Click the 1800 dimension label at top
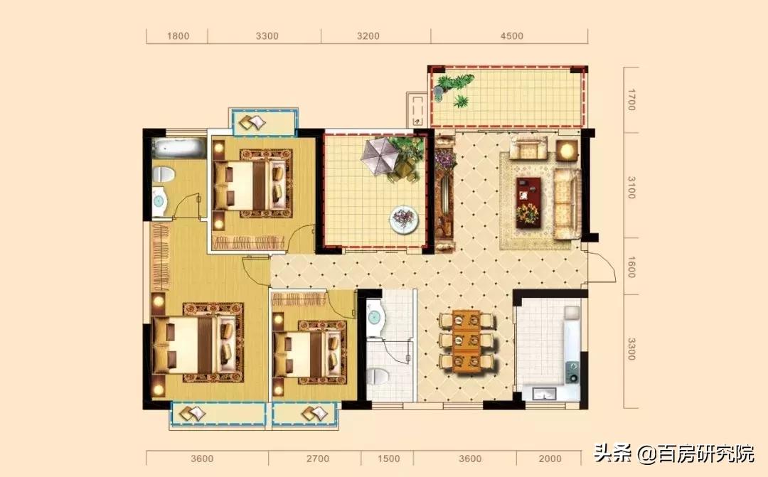pos(178,36)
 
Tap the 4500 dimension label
pos(512,36)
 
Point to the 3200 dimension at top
pos(368,36)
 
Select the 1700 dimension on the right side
pos(631,100)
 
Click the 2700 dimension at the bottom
pos(317,459)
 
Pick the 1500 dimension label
pos(388,459)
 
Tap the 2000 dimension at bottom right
pos(550,459)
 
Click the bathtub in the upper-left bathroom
pos(178,147)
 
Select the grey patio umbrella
pos(380,156)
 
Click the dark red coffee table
pos(528,203)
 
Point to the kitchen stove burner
pos(572,372)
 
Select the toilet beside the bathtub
pos(164,175)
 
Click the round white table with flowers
pos(404,218)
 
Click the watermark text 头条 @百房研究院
pos(674,454)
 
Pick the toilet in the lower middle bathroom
pos(377,376)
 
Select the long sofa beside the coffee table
pos(567,203)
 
